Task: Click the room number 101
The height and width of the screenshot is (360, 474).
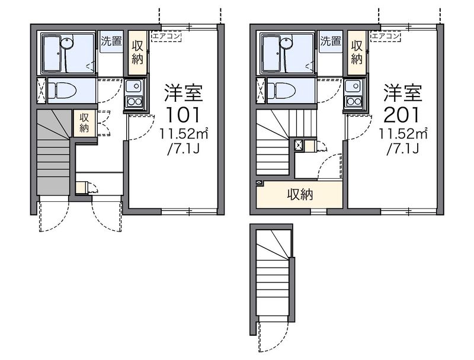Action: (183, 114)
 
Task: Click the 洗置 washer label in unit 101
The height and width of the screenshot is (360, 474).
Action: (111, 42)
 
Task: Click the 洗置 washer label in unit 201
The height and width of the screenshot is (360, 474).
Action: (331, 42)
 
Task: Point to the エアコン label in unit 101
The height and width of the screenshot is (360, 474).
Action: (166, 36)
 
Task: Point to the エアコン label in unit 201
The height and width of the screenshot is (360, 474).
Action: (386, 36)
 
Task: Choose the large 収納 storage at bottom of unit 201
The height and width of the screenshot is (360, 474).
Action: (300, 195)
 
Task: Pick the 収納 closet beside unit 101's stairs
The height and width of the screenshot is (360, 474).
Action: (84, 122)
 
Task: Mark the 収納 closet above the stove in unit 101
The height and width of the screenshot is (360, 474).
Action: (137, 52)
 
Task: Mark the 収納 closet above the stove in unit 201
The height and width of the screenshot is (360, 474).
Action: (357, 52)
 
